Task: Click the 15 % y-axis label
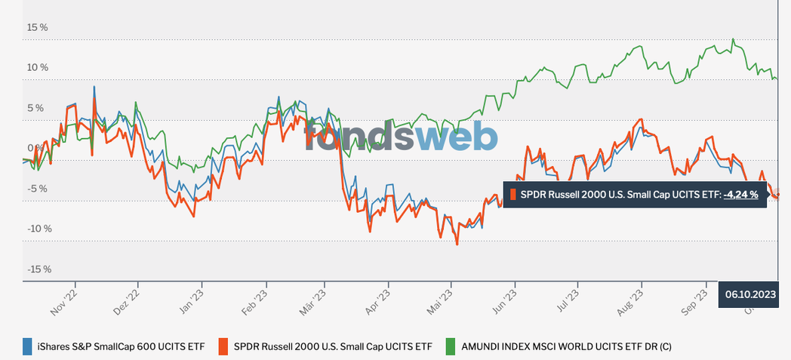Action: pyautogui.click(x=38, y=27)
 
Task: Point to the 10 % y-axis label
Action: pyautogui.click(x=38, y=67)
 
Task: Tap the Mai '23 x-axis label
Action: pyautogui.click(x=446, y=300)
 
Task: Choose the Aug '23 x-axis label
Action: pyautogui.click(x=636, y=300)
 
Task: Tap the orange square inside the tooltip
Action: pyautogui.click(x=512, y=195)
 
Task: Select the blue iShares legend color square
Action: pyautogui.click(x=28, y=346)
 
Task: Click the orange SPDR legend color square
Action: pyautogui.click(x=224, y=346)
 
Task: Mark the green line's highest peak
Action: pyautogui.click(x=733, y=39)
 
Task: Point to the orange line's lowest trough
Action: pyautogui.click(x=457, y=244)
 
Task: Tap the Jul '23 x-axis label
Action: pyautogui.click(x=573, y=300)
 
